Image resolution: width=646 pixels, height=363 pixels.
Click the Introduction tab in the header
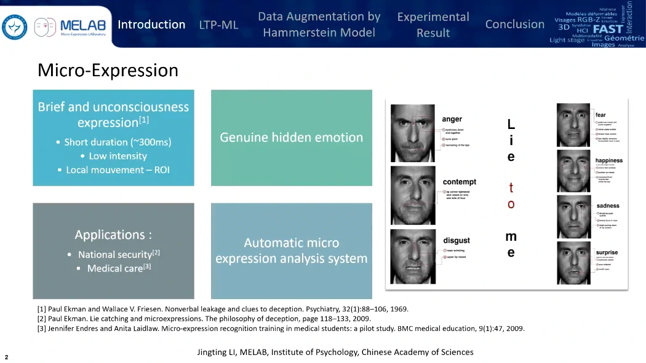[x=151, y=25]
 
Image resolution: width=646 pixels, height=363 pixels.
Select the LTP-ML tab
[x=218, y=25]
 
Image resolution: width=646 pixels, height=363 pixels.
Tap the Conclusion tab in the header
[x=515, y=25]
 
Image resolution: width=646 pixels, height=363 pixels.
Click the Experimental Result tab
[x=433, y=25]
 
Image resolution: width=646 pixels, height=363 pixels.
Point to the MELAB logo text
[x=83, y=25]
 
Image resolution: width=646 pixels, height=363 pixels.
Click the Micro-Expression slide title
[x=108, y=70]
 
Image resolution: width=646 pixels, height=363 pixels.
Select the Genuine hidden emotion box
[x=292, y=138]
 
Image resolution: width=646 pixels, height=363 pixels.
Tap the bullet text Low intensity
[x=118, y=156]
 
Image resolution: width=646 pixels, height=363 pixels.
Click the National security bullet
[x=119, y=254]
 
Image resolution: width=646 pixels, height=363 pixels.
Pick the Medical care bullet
[x=119, y=268]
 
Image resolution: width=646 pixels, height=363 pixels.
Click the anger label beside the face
[x=452, y=119]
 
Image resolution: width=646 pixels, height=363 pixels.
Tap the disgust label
[x=456, y=240]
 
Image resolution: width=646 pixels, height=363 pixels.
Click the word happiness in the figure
[x=608, y=161]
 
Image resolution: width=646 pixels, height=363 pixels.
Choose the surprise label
[x=607, y=252]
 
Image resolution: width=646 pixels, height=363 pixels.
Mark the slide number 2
[x=6, y=357]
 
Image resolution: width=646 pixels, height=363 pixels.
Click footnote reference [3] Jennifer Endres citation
[x=281, y=329]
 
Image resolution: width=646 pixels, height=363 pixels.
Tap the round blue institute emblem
[x=14, y=28]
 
